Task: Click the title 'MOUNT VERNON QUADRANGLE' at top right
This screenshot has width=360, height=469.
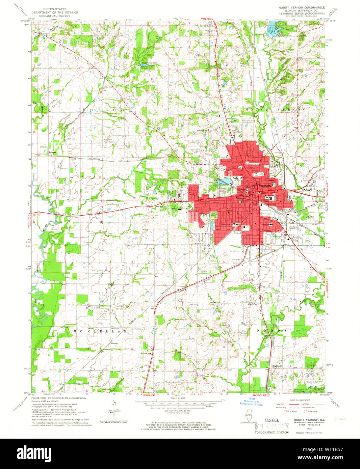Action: click(x=301, y=7)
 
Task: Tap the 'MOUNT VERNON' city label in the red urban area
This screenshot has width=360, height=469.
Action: click(x=258, y=186)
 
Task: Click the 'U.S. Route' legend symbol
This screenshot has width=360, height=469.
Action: click(x=285, y=412)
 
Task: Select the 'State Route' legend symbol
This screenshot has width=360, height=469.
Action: click(x=306, y=412)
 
